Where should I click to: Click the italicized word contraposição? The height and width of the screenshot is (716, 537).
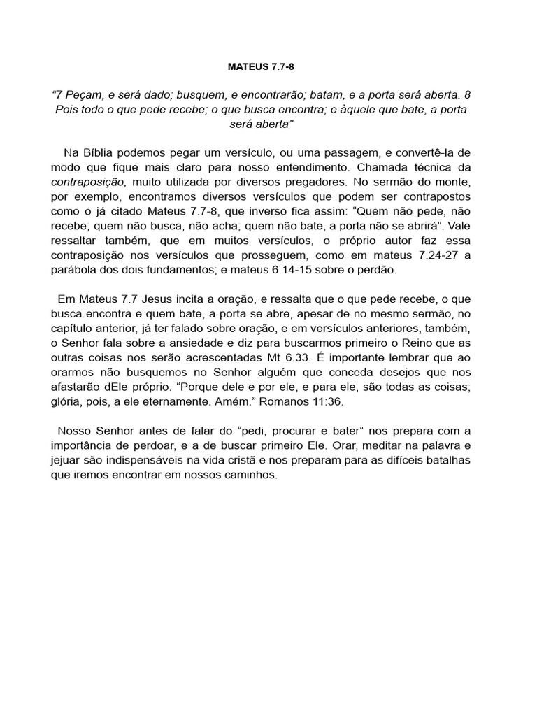pos(88,182)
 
